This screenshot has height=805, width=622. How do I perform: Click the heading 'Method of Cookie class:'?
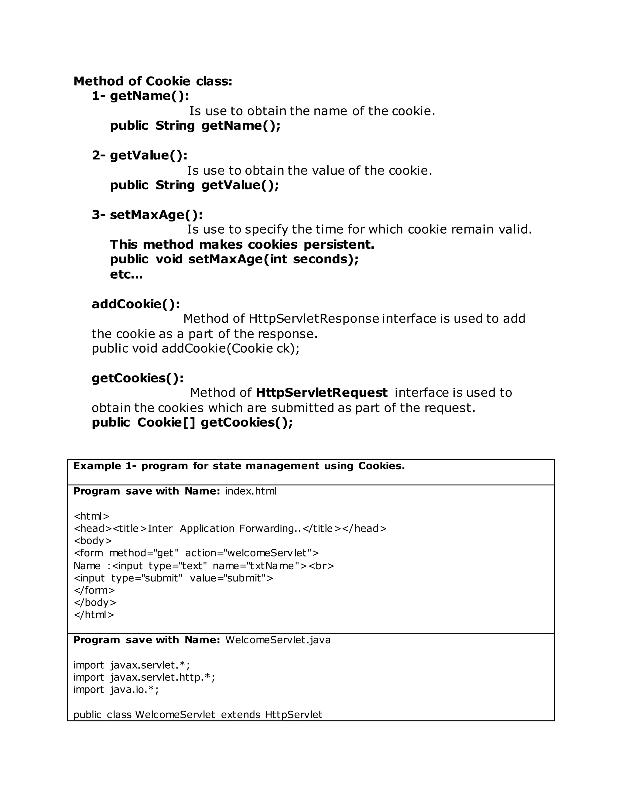click(153, 81)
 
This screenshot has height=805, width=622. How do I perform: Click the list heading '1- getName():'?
click(140, 96)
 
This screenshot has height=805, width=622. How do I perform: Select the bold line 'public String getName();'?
click(195, 126)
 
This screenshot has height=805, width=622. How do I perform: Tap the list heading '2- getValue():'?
click(140, 155)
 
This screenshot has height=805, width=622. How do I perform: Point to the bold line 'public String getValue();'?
click(195, 185)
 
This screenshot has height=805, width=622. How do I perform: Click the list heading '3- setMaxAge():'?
click(147, 214)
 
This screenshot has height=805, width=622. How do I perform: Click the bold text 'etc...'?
click(126, 274)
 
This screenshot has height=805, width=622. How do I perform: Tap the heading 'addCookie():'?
click(135, 304)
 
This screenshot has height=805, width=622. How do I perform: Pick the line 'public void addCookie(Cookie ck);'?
click(195, 348)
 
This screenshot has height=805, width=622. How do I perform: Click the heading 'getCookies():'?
click(138, 378)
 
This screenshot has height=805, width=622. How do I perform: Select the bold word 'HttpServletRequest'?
click(321, 392)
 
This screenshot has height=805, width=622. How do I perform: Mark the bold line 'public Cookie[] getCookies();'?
click(192, 423)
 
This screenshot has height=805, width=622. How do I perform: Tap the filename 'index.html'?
click(251, 491)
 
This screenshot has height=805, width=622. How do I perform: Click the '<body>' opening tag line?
click(93, 541)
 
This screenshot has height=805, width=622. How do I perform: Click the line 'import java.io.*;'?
click(116, 690)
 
